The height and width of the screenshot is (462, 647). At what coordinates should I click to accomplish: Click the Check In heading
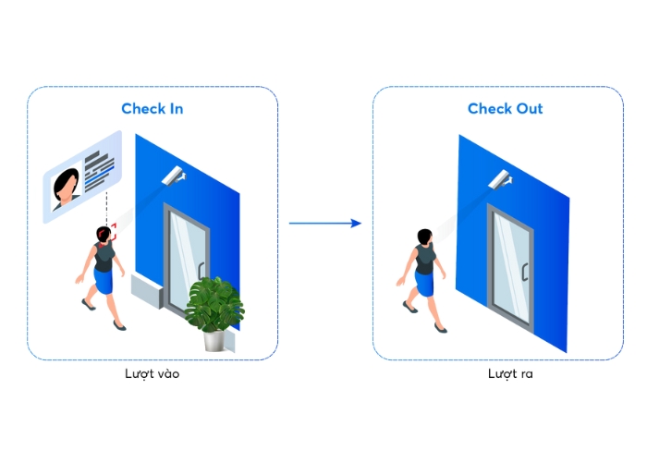point(153,108)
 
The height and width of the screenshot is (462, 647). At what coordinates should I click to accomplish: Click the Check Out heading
point(505,108)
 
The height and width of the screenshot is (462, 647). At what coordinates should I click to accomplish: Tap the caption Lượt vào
point(153,374)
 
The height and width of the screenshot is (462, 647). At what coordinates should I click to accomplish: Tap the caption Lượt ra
point(510,373)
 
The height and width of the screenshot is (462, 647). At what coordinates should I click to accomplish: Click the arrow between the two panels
point(325,224)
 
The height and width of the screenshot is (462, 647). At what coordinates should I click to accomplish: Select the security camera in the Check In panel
point(174,176)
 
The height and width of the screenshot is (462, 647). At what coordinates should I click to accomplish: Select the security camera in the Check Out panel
point(501,180)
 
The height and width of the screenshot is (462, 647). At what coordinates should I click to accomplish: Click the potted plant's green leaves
point(214,304)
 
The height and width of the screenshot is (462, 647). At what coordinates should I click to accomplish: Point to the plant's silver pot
point(214,341)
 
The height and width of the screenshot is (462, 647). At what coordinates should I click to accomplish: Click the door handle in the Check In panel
point(201,271)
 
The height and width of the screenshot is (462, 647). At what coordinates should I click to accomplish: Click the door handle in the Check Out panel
point(525,273)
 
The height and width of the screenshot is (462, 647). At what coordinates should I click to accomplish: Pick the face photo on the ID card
point(66,188)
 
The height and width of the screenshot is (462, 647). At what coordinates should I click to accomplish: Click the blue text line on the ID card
point(100,176)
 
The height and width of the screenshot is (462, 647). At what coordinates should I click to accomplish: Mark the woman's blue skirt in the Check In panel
point(104,281)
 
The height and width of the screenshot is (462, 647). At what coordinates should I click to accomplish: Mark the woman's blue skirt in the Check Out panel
point(424,284)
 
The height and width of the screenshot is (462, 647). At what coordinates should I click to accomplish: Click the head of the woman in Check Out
point(425,237)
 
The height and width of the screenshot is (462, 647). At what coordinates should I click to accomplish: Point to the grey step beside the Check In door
point(147,290)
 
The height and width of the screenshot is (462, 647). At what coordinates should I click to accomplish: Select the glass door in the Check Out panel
point(510,268)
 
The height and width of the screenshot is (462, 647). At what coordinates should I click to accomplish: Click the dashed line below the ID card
point(106,208)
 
